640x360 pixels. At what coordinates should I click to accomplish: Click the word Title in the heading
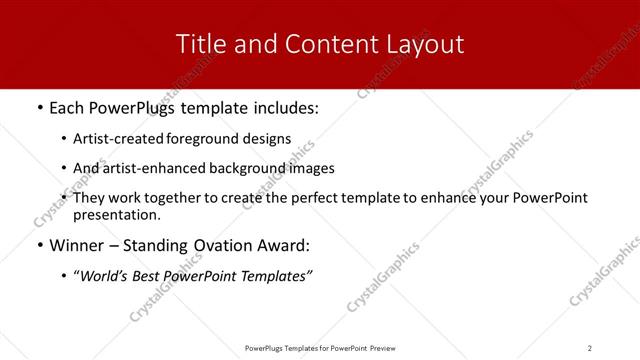click(x=200, y=44)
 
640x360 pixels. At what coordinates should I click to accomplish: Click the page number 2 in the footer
click(x=589, y=348)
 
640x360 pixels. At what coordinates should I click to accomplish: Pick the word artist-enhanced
click(x=148, y=168)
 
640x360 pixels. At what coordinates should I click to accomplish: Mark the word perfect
click(x=304, y=198)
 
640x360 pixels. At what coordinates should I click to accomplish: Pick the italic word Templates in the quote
click(x=275, y=276)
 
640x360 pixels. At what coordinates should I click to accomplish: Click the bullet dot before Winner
click(x=39, y=245)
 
